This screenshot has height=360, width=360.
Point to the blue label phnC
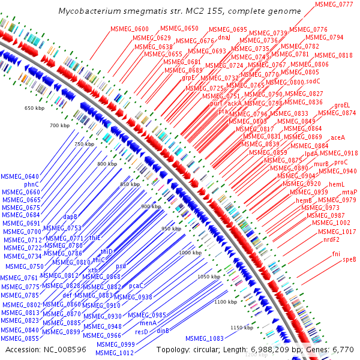[31, 184]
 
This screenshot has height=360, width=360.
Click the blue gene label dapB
[70, 217]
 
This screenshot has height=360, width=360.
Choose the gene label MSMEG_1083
[205, 339]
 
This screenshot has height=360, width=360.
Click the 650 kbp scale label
[35, 108]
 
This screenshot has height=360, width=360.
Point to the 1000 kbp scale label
[189, 253]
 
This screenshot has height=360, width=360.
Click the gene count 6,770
[343, 349]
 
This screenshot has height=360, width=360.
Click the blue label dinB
[163, 331]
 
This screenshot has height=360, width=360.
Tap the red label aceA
[338, 137]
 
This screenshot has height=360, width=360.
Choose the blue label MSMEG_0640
[20, 176]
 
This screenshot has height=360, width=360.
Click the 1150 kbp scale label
[241, 328]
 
